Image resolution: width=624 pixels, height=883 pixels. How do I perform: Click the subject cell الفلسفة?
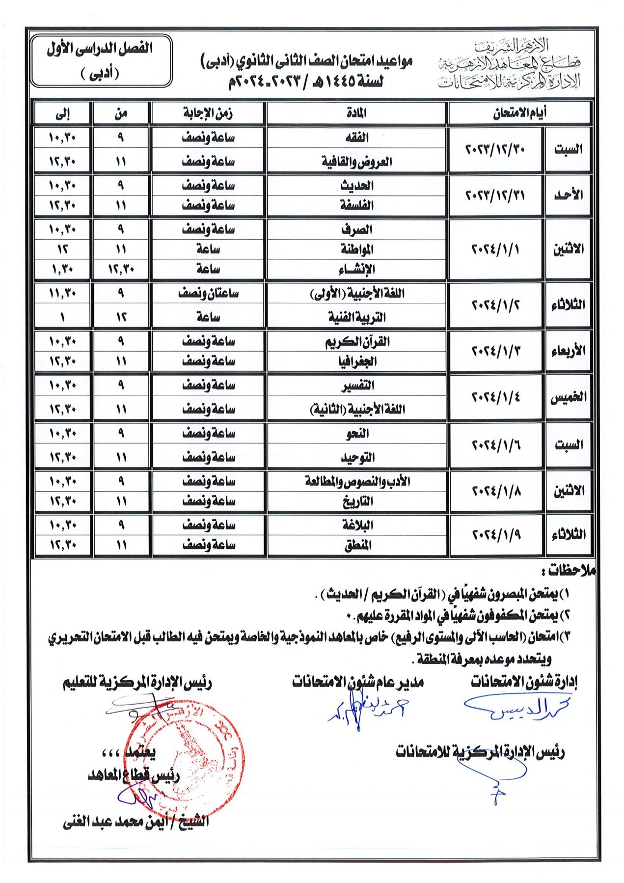point(357,205)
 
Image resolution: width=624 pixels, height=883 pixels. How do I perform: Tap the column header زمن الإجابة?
point(208,113)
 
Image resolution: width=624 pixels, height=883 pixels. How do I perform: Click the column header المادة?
point(356,113)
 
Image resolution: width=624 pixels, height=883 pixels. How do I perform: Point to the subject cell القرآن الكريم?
point(357,341)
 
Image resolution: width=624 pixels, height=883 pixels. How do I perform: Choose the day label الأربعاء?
point(568,351)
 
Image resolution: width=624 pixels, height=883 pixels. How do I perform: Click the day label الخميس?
point(568,397)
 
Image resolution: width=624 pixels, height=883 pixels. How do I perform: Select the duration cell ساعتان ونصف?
point(208,293)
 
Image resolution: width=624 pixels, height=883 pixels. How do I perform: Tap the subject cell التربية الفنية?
point(357,317)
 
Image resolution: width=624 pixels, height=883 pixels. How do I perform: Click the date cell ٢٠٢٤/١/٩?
point(496,534)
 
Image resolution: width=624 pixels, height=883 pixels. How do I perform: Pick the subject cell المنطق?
point(357,545)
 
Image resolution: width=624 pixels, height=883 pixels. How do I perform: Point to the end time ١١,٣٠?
point(62,293)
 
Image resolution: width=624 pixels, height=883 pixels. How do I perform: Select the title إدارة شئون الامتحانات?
point(524,682)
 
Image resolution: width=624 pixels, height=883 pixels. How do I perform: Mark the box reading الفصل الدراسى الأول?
point(101,60)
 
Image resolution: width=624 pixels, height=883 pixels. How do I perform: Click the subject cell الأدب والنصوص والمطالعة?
point(357,481)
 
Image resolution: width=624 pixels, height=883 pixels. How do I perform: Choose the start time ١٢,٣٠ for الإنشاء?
point(121,269)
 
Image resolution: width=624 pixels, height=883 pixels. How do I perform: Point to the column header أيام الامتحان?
point(519,113)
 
